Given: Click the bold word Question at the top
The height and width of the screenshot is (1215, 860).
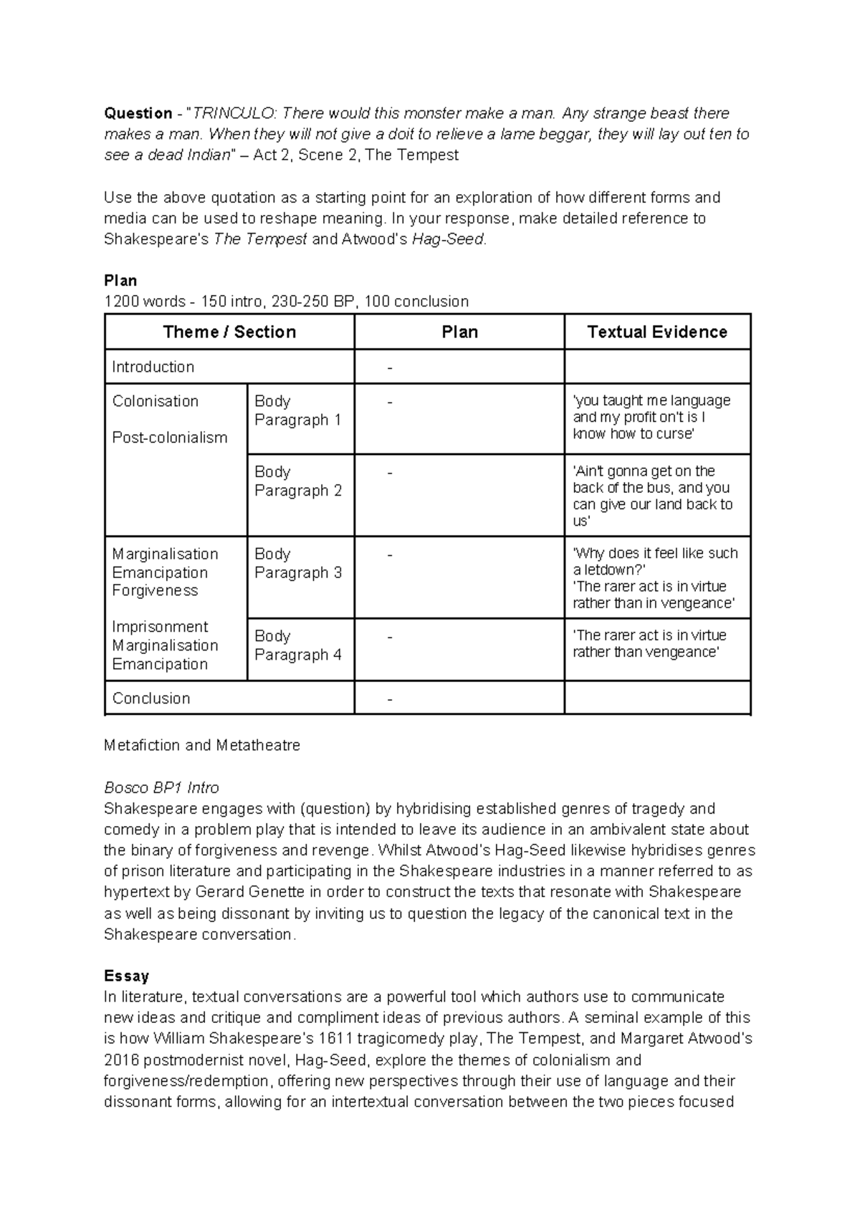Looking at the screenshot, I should pos(138,113).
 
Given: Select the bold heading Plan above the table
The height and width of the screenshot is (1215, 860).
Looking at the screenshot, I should pos(120,280).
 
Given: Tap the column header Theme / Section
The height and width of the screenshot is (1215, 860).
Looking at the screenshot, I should pos(229,332).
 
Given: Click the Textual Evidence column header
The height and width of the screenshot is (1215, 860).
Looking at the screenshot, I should pos(657,332).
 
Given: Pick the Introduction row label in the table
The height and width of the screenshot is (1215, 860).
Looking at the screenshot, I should pos(153,367).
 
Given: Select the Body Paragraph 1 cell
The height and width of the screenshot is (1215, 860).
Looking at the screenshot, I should pos(297,410).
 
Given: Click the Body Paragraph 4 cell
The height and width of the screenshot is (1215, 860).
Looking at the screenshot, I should pos(297,645).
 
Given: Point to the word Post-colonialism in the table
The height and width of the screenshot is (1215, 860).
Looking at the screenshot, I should pos(169,438).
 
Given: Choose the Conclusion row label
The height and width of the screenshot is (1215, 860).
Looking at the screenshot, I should pos(150,698).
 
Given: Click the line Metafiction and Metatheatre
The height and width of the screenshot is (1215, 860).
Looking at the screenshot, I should pos(202,745).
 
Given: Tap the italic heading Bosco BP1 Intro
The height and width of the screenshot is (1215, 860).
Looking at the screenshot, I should pos(161,787).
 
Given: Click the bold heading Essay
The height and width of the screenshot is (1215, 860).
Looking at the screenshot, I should pos(126,976).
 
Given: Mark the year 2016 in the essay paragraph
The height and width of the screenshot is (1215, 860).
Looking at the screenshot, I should pos(120,1060).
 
